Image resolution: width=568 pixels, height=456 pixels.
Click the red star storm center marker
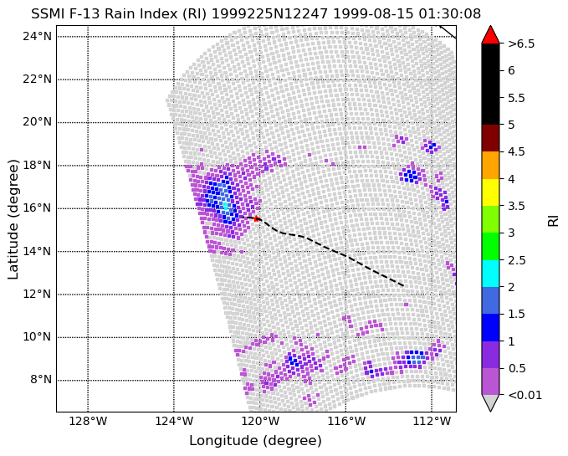click(x=256, y=218)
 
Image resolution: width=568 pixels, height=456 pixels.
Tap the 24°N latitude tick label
click(x=38, y=36)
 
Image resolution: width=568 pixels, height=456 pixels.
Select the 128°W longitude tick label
click(x=88, y=421)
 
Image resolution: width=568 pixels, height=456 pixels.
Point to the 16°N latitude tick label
click(x=38, y=208)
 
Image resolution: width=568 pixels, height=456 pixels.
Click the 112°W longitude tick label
click(x=432, y=421)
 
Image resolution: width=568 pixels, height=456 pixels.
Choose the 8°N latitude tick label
click(x=41, y=380)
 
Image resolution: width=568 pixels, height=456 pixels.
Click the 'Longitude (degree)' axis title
click(x=255, y=441)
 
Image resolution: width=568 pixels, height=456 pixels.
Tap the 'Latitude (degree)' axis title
click(x=13, y=219)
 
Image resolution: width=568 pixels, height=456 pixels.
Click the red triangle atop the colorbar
click(x=490, y=34)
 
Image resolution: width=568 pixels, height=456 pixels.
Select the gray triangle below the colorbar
click(x=490, y=402)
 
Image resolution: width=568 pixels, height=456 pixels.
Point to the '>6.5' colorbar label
click(x=521, y=44)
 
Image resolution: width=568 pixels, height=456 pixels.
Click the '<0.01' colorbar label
click(x=525, y=395)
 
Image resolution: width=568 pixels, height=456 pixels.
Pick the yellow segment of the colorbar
click(x=490, y=192)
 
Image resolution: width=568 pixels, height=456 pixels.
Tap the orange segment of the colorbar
click(x=490, y=165)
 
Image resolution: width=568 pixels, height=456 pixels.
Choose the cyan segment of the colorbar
click(x=490, y=274)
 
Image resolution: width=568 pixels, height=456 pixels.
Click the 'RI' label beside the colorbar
click(x=553, y=221)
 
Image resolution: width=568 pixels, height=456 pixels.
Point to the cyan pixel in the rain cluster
click(x=225, y=206)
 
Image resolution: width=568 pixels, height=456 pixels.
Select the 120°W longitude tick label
click(x=259, y=421)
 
